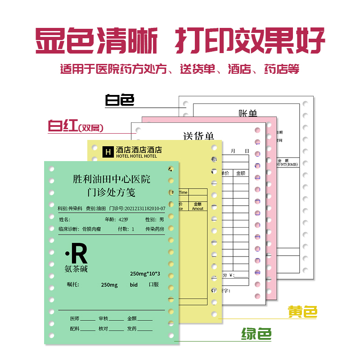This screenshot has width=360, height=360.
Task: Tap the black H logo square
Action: click(108, 152)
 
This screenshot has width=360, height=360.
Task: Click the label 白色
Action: click(119, 100)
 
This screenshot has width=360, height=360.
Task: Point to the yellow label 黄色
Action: click(303, 311)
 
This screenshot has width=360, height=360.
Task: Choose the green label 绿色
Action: click(256, 334)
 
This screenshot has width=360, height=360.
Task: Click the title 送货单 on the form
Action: click(198, 136)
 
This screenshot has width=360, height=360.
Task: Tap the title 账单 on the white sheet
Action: click(248, 114)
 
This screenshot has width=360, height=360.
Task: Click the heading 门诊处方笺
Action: click(112, 192)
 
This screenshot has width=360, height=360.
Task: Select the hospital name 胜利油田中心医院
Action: click(112, 179)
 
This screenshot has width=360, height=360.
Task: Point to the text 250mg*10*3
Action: click(145, 274)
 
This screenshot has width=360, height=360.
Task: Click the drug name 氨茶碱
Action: click(76, 269)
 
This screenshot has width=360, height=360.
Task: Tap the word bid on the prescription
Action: click(134, 284)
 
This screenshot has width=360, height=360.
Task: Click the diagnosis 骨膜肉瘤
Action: click(91, 229)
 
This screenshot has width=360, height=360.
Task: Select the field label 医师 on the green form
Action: click(75, 318)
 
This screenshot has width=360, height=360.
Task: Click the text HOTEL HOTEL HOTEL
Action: click(136, 156)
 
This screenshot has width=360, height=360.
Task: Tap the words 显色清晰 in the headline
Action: click(97, 41)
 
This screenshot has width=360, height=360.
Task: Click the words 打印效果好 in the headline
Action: click(250, 41)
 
